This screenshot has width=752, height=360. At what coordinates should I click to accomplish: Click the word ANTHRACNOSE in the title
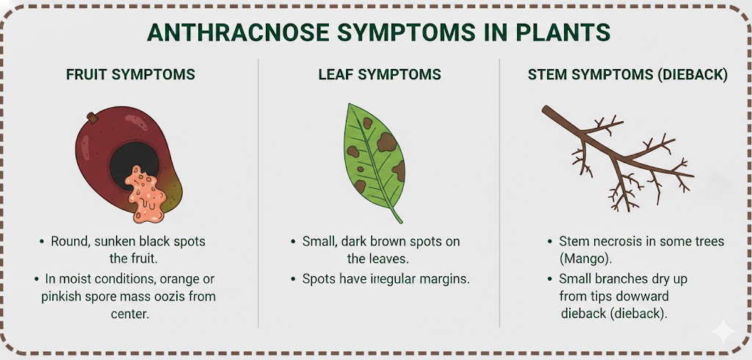click(239, 32)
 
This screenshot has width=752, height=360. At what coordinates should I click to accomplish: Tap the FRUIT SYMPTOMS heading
click(131, 74)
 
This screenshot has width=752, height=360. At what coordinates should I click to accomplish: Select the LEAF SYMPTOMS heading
click(380, 74)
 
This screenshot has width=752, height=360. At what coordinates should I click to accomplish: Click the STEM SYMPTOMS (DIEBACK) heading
click(627, 75)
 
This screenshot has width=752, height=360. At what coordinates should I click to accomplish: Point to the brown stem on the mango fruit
click(92, 118)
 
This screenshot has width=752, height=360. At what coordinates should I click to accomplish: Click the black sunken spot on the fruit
click(134, 160)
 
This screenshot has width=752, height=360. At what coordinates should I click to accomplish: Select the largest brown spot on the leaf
click(386, 142)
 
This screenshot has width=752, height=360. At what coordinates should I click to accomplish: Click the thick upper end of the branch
click(546, 109)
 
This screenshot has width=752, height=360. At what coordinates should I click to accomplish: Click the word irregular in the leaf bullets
click(391, 279)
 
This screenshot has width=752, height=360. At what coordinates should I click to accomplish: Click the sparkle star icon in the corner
click(723, 331)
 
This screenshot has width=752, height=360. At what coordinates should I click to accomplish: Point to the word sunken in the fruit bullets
click(112, 242)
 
